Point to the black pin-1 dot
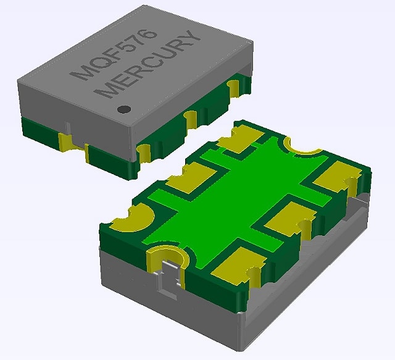coord(123,109)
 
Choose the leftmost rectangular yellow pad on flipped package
coord(187,180)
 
